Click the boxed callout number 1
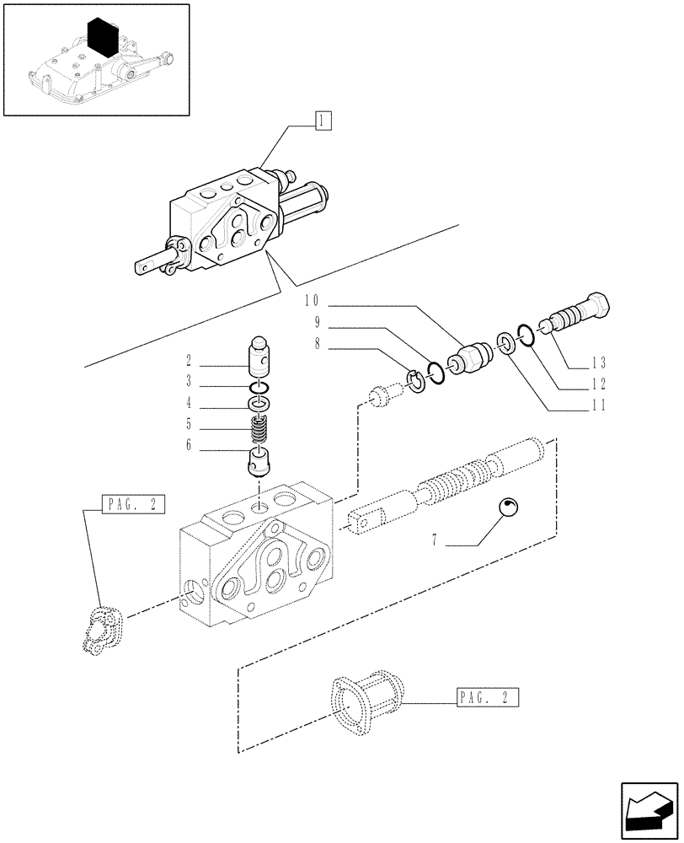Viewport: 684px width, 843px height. tap(323, 121)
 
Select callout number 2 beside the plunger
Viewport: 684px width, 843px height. tap(190, 361)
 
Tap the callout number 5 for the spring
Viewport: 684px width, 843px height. tap(190, 424)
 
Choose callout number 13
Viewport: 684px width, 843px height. tap(575, 363)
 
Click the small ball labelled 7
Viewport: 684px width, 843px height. tap(508, 507)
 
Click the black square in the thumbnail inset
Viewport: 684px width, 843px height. tap(104, 39)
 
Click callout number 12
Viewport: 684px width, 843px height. tap(575, 384)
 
